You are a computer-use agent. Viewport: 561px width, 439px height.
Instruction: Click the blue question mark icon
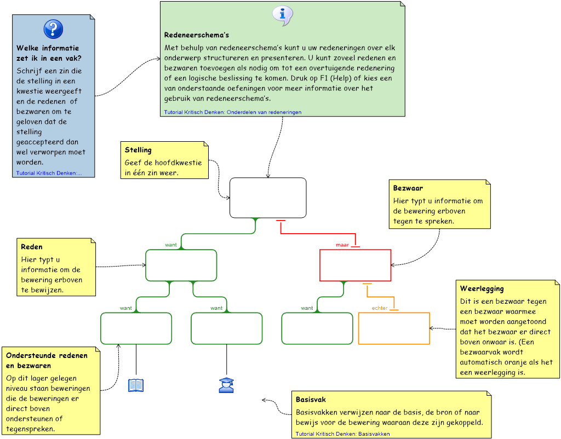(x=53, y=29)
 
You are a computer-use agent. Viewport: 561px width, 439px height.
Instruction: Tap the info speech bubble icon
(x=283, y=16)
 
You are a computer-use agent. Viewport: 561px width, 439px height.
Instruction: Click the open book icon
(x=136, y=385)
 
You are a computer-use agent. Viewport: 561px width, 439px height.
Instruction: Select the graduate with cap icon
(x=226, y=385)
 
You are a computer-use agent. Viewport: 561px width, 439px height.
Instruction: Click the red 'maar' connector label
(x=342, y=245)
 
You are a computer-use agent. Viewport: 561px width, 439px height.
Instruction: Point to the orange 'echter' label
(x=380, y=308)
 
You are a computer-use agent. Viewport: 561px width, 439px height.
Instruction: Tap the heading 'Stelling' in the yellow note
(x=138, y=150)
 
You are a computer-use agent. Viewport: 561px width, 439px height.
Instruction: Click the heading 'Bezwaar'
(x=408, y=188)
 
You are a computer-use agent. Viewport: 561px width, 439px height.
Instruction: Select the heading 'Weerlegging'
(x=482, y=289)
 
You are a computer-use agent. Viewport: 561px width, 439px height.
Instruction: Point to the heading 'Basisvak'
(x=311, y=400)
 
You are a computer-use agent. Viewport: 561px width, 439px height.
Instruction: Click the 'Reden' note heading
(x=31, y=247)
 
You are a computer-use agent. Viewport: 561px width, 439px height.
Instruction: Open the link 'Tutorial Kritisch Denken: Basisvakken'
(x=342, y=434)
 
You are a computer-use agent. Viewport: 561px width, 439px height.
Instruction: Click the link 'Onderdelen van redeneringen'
(x=264, y=112)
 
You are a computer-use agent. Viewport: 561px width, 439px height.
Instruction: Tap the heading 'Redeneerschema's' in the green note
(x=197, y=35)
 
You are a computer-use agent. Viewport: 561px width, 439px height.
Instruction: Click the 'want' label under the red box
(x=307, y=308)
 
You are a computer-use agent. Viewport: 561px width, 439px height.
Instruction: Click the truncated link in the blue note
(x=49, y=173)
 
